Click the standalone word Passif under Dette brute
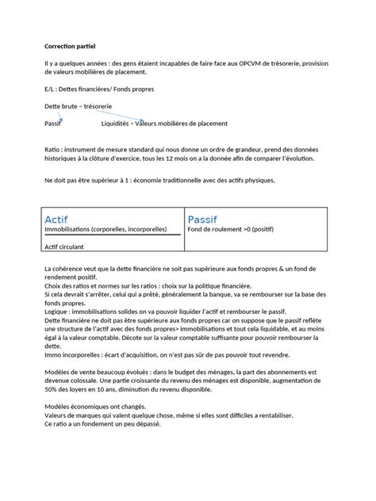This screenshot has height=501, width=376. pyautogui.click(x=53, y=124)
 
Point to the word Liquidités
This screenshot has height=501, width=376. pyautogui.click(x=117, y=124)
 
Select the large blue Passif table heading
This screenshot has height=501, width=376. pyautogui.click(x=204, y=219)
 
